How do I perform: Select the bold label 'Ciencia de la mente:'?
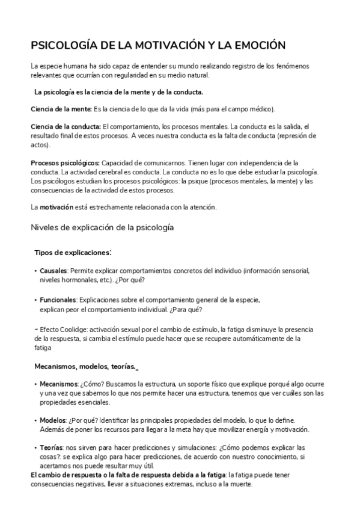(61, 109)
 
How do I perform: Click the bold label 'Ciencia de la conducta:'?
(66, 126)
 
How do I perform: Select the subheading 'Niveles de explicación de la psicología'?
(102, 228)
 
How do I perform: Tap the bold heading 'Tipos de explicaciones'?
(72, 252)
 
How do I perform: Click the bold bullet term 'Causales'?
(53, 271)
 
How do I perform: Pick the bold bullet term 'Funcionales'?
(58, 300)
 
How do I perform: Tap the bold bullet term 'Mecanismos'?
(58, 384)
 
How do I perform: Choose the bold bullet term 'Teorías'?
(52, 448)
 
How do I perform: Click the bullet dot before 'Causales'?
(35, 271)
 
